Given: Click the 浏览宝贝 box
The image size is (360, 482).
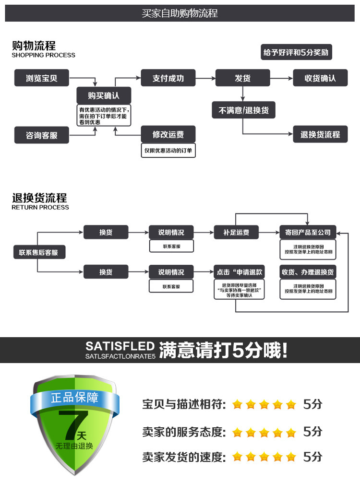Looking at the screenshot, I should pyautogui.click(x=42, y=78).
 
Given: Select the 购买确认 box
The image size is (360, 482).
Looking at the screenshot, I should pyautogui.click(x=104, y=95).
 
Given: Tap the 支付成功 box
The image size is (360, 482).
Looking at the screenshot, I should pyautogui.click(x=168, y=78).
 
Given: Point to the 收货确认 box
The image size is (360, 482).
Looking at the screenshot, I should pyautogui.click(x=320, y=78).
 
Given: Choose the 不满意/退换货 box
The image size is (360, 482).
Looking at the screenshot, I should pyautogui.click(x=243, y=110).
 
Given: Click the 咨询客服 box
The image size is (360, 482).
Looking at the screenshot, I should pyautogui.click(x=42, y=135).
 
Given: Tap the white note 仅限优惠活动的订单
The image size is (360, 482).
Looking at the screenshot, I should pyautogui.click(x=168, y=150).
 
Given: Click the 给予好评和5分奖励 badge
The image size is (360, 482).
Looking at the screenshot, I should pyautogui.click(x=297, y=53).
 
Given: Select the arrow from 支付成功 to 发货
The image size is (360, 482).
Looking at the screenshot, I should pyautogui.click(x=205, y=78).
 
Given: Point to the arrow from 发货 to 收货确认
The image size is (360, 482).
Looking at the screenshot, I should pyautogui.click(x=282, y=78).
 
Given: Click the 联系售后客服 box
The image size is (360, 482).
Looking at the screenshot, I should pyautogui.click(x=38, y=252).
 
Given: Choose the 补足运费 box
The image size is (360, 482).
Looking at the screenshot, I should pyautogui.click(x=237, y=233).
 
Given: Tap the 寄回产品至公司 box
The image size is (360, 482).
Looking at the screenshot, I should pyautogui.click(x=308, y=233).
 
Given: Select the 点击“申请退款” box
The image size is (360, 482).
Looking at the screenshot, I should pyautogui.click(x=237, y=272).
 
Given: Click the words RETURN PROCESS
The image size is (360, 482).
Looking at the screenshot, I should pyautogui.click(x=40, y=208).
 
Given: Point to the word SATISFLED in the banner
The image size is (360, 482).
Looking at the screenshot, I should pyautogui.click(x=120, y=346).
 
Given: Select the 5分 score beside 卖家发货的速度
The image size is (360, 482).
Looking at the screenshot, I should pyautogui.click(x=312, y=457).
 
